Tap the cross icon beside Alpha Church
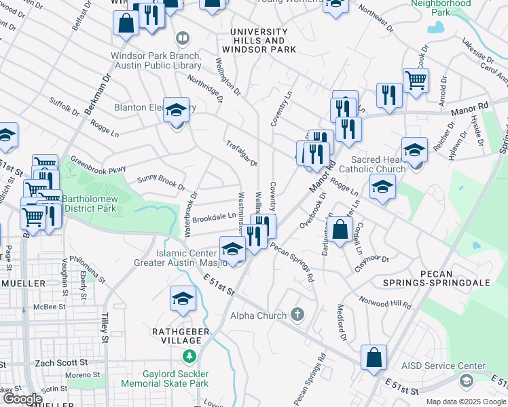[x=296, y=314]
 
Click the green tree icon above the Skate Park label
[x=189, y=355]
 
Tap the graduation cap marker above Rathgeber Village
[x=183, y=298]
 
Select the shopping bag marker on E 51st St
[x=374, y=357]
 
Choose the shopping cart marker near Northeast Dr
[x=416, y=81]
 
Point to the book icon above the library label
[x=182, y=38]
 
